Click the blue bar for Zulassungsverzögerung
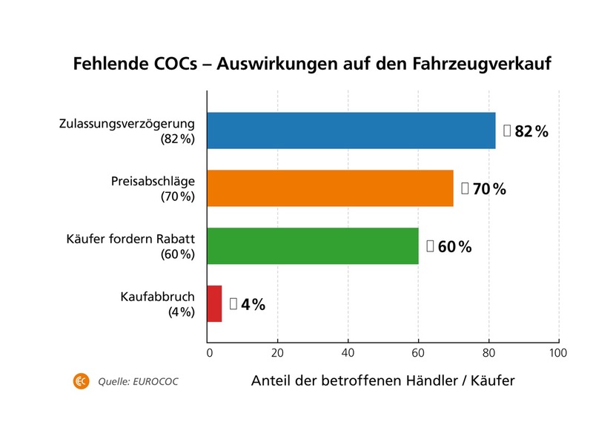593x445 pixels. [351, 131]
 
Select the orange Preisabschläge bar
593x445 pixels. [330, 188]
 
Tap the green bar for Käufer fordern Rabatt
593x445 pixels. [312, 246]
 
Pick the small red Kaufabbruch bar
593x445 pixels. [215, 304]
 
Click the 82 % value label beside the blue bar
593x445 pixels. [531, 132]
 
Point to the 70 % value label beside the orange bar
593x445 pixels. [488, 189]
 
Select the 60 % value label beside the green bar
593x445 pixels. [454, 247]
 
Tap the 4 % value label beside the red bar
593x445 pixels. [253, 304]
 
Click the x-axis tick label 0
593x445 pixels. [209, 352]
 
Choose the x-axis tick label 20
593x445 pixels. [277, 352]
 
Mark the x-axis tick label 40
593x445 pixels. [348, 352]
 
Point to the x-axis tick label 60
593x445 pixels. [418, 352]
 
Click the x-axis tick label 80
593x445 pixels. [488, 352]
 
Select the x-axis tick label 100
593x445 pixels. [557, 352]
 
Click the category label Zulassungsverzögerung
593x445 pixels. [126, 124]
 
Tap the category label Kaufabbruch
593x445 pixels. [157, 297]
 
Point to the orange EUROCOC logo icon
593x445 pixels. [81, 382]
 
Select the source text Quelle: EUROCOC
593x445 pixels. [138, 383]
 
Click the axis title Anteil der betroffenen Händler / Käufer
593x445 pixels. [382, 381]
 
